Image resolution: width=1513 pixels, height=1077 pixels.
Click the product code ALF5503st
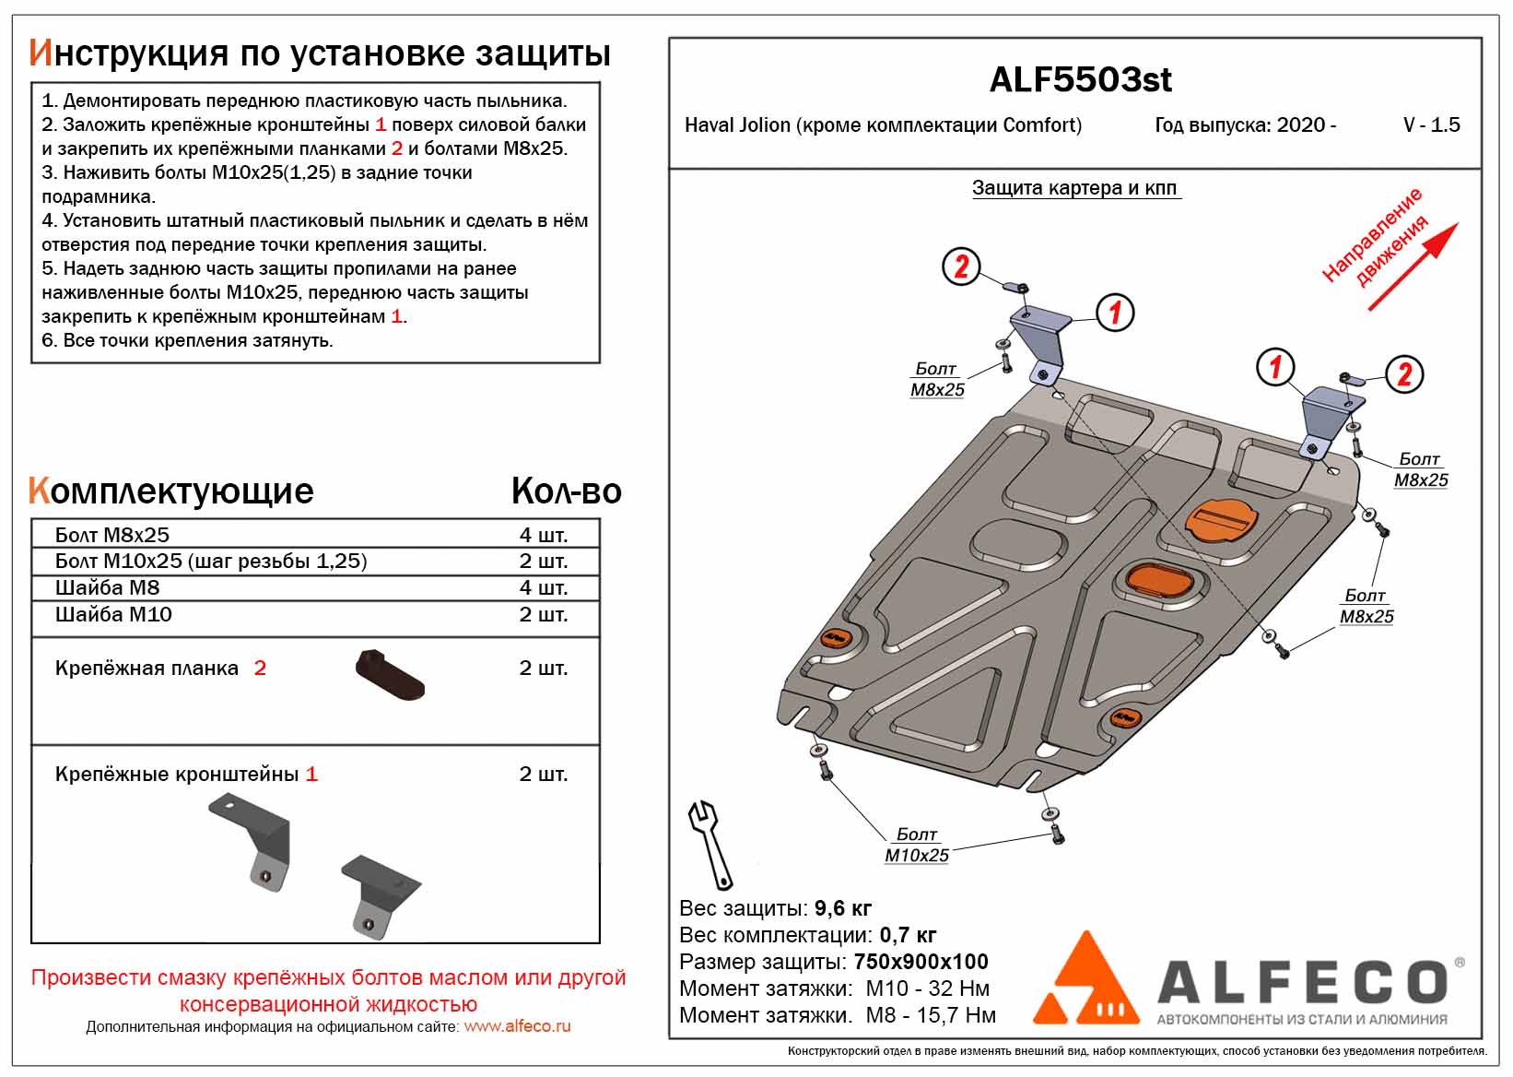[x=1080, y=80]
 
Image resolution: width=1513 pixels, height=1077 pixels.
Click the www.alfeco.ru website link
[x=517, y=1026]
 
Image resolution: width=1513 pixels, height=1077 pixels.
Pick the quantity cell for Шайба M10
[x=543, y=614]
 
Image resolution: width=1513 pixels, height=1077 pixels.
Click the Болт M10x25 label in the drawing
[x=916, y=845]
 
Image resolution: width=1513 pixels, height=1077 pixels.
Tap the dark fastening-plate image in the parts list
[x=389, y=675]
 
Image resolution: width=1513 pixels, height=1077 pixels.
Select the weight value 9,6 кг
[x=843, y=908]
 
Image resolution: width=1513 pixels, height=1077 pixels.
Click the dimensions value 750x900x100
[x=921, y=962]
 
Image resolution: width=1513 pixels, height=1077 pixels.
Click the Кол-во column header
[x=566, y=491]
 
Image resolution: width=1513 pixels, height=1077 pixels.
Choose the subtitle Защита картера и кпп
[x=1074, y=188]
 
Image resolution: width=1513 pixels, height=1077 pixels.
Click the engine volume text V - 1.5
[x=1431, y=124]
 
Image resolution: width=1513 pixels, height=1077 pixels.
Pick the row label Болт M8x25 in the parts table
[x=112, y=535]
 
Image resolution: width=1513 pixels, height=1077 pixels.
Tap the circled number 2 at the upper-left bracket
[x=961, y=266]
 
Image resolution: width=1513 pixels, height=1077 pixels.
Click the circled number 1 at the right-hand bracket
[x=1275, y=367]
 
